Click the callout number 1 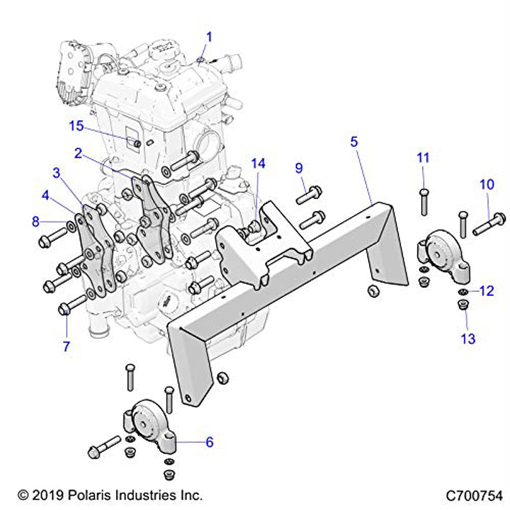pos(209,37)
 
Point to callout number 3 pos(60,173)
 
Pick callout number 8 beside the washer pos(35,221)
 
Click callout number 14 pos(259,163)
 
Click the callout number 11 pos(423,158)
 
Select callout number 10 pos(487,184)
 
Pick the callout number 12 pos(487,291)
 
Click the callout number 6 pos(209,442)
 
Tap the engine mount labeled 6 pos(150,426)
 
